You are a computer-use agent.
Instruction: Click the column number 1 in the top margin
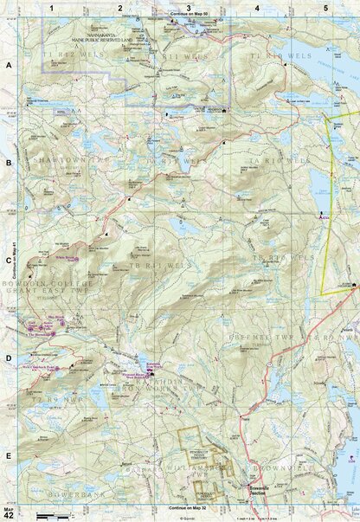[52, 7]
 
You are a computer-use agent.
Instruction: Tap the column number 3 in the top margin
[189, 7]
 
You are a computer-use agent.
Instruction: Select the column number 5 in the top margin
[325, 7]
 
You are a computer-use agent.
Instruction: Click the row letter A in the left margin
[8, 66]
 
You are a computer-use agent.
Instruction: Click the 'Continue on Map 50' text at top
[190, 16]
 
